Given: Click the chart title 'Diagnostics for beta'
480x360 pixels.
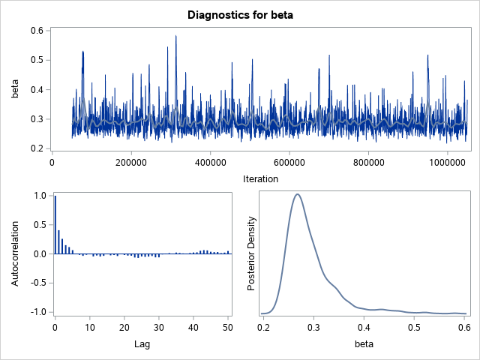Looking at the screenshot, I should point(239,13).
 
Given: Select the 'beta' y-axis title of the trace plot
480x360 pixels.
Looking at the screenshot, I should point(14,89).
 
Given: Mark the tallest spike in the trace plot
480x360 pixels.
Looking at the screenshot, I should point(175,36).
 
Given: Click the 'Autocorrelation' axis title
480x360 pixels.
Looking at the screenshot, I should point(14,253).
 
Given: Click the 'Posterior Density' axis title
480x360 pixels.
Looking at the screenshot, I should point(253,253).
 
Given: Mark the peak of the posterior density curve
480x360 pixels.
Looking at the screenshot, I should point(298,194).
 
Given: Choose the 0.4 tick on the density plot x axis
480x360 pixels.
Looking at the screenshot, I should point(364,326).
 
